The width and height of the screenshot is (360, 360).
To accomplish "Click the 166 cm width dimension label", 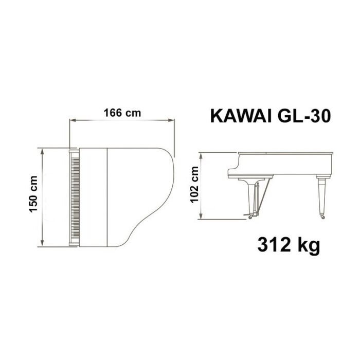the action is [122, 113].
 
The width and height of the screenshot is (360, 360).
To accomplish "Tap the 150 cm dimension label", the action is [33, 194].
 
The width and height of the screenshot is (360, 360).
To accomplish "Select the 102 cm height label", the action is [194, 184].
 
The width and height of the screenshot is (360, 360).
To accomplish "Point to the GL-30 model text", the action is [304, 116].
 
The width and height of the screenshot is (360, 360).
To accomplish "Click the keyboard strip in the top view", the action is [75, 197].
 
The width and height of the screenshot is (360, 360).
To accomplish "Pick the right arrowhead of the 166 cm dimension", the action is [171, 120].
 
